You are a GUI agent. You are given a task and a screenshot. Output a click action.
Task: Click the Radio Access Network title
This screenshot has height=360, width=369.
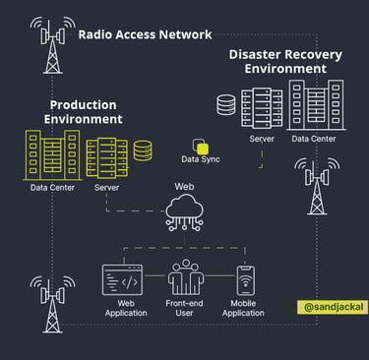pos(145,34)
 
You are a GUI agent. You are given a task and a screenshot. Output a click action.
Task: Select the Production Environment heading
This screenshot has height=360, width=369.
pos(83,111)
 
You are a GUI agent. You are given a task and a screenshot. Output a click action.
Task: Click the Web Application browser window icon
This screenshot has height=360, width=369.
pos(123,280)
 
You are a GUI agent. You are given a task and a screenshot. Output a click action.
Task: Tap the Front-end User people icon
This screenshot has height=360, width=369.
pos(185,280)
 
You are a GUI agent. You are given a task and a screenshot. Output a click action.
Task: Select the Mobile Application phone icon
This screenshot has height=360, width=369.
pos(244,280)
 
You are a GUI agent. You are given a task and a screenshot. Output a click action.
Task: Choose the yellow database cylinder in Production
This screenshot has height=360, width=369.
pos(144,150)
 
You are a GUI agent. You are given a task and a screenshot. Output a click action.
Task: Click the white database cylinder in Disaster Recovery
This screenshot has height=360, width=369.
pos(226,103)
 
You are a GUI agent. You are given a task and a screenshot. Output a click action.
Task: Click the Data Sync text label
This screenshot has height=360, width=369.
pos(202,158)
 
